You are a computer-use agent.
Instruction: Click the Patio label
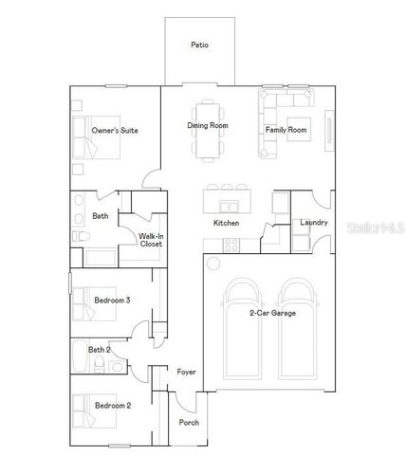[199, 45]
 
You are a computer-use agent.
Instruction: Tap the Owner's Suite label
[115, 130]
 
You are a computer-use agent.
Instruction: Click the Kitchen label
[226, 223]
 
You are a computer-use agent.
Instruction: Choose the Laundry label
[313, 223]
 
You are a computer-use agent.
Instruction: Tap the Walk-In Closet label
[151, 240]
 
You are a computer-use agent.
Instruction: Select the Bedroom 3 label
[112, 300]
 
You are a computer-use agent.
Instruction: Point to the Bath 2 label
[100, 350]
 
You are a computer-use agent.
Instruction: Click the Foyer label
[187, 372]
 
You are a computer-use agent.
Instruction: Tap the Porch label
[190, 422]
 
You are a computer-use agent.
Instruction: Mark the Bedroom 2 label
[112, 406]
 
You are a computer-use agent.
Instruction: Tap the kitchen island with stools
[225, 199]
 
